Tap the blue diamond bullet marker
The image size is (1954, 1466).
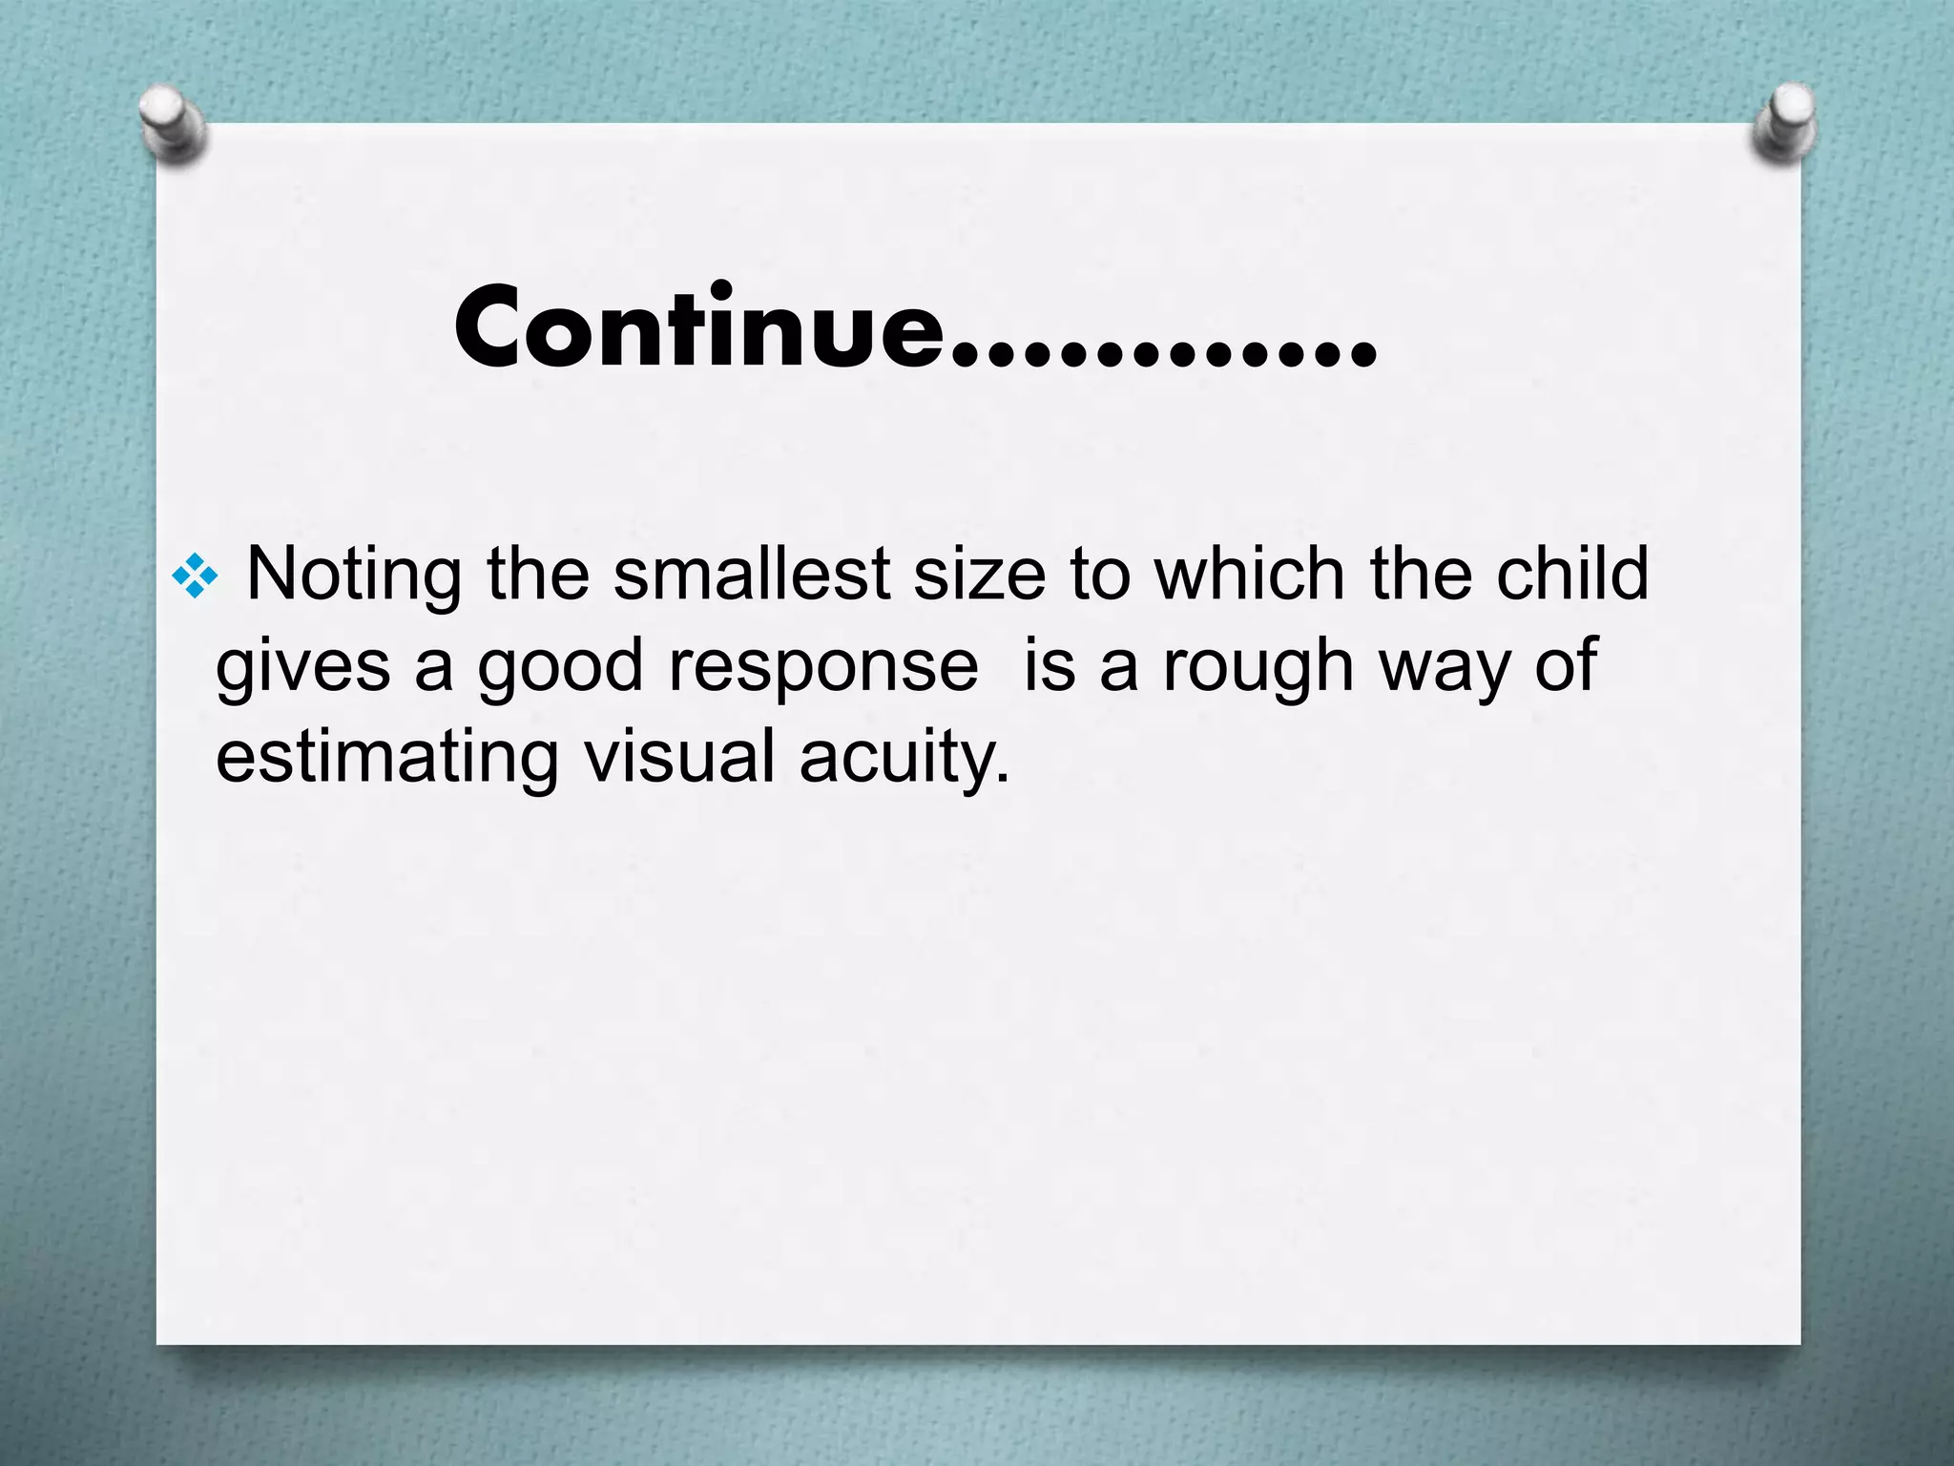pyautogui.click(x=196, y=576)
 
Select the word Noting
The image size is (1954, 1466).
pyautogui.click(x=354, y=576)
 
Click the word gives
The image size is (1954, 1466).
pyautogui.click(x=303, y=667)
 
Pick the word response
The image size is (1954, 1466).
pyautogui.click(x=823, y=667)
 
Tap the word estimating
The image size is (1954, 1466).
pyautogui.click(x=386, y=758)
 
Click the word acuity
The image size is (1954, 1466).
pyautogui.click(x=903, y=758)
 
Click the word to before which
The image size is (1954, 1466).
pyautogui.click(x=1100, y=575)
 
